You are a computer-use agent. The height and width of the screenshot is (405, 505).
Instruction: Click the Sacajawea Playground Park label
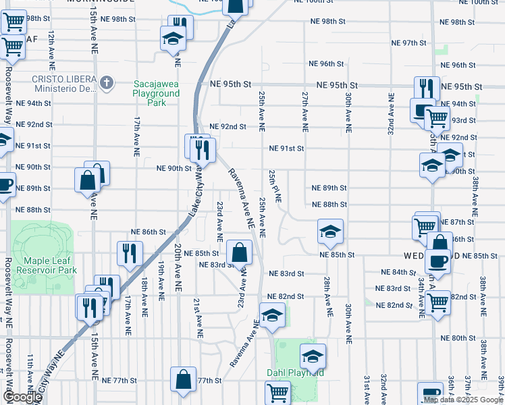click(x=156, y=93)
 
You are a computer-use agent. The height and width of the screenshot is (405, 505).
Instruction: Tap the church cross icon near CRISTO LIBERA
click(x=106, y=83)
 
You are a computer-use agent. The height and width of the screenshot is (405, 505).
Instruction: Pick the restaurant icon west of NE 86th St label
click(x=128, y=253)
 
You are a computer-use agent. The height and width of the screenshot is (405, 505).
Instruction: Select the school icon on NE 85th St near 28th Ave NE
click(x=329, y=232)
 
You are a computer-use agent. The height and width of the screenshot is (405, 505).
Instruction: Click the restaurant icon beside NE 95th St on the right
click(x=425, y=88)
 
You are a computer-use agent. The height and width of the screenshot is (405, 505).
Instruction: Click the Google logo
click(x=22, y=397)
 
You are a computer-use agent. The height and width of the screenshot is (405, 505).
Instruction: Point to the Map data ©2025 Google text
click(x=463, y=400)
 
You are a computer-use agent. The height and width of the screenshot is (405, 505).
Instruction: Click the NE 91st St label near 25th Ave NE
click(x=287, y=148)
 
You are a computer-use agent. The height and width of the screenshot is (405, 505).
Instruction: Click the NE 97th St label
click(x=410, y=43)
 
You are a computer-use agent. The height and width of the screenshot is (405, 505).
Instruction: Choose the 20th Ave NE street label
click(x=178, y=267)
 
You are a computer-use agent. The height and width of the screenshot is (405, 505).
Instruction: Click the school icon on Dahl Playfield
click(x=313, y=356)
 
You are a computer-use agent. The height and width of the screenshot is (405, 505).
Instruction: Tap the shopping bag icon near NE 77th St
click(x=184, y=379)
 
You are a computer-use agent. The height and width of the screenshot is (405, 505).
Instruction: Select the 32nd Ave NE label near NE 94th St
click(x=391, y=114)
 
